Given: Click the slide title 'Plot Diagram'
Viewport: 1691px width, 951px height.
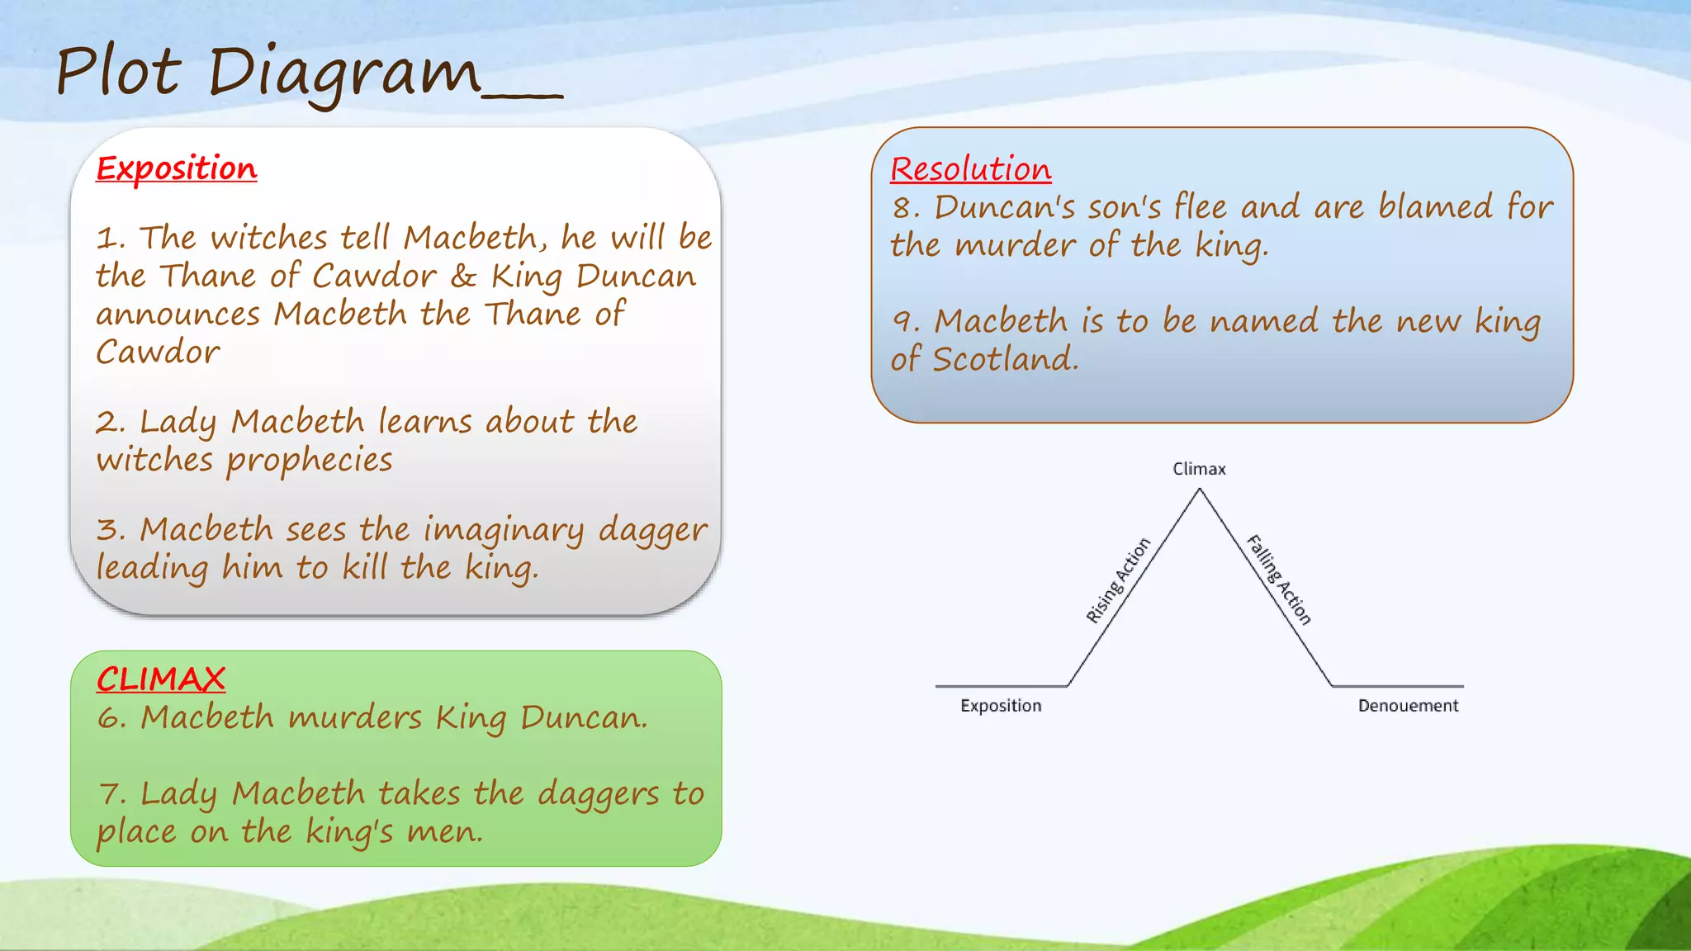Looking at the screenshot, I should (268, 73).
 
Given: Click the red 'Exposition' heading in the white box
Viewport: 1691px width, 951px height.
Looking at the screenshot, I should (176, 168).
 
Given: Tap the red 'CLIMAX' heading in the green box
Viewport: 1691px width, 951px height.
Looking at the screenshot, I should (160, 679).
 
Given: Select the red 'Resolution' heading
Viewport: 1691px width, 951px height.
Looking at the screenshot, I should (970, 169).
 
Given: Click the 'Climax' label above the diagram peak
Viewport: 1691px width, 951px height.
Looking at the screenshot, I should (1199, 469).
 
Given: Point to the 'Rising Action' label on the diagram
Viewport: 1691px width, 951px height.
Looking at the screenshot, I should (1117, 580).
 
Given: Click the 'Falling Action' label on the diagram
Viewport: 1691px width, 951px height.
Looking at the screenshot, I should (1279, 580).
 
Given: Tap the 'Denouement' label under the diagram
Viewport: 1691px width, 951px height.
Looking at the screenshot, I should (1408, 706).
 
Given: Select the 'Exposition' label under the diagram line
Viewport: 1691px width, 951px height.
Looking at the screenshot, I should (1001, 706).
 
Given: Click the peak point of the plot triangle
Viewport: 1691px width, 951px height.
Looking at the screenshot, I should (1200, 490).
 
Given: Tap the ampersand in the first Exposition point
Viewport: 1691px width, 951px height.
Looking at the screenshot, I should (463, 277).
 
